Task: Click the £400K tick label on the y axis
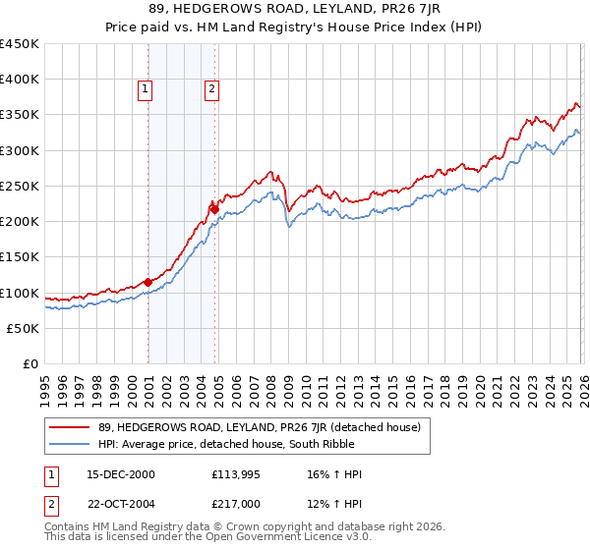(20, 80)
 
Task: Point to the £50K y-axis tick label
(24, 328)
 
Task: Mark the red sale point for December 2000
(147, 282)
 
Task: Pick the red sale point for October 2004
(214, 208)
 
